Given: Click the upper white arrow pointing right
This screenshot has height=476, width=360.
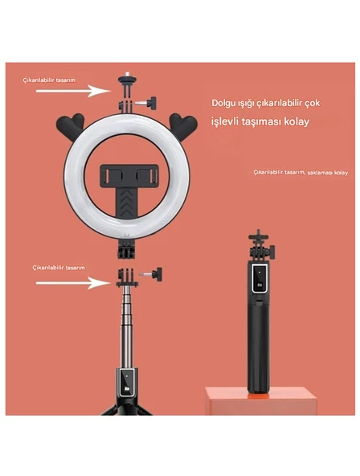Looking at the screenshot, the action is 73,91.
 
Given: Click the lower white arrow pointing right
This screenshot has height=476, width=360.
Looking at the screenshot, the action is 73,283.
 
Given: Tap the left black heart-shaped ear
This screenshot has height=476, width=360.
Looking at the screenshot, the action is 71,126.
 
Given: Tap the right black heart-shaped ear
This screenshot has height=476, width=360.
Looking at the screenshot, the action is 183,126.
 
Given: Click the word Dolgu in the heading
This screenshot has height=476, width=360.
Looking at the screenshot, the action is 223,103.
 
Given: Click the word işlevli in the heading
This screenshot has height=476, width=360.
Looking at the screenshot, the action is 225,121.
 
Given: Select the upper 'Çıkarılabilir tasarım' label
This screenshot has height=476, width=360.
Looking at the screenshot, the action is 49,80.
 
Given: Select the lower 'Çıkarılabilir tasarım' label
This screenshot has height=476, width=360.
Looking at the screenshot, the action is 59,268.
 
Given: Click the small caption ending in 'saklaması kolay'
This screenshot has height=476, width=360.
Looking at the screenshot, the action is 301,172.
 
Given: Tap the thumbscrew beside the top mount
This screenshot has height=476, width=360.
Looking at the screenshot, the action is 146,103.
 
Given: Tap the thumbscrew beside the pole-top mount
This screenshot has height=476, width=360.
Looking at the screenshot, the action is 151,274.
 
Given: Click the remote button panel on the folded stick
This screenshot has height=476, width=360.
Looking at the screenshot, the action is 260,278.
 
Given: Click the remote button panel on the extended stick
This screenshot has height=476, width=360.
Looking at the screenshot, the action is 127,383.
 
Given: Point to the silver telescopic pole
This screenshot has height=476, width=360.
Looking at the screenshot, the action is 127,327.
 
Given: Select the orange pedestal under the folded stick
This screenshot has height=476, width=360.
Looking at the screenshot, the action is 261,400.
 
